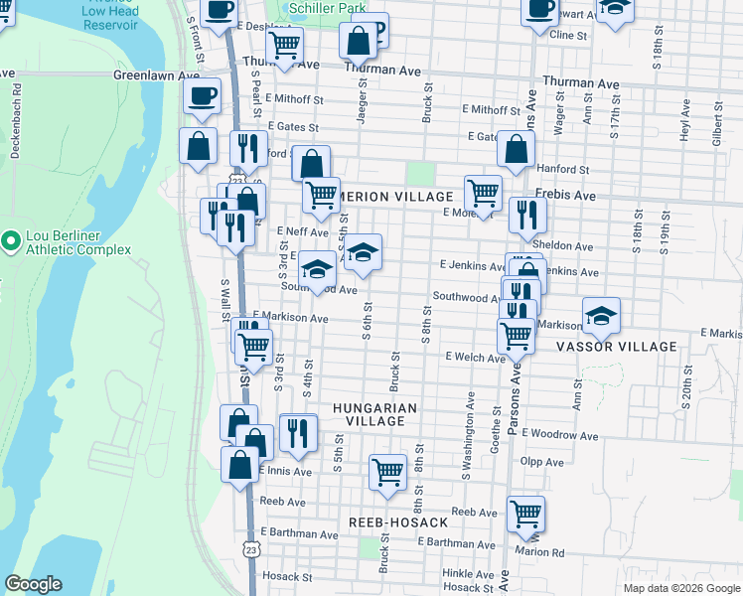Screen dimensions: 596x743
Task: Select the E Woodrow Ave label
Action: click(559, 435)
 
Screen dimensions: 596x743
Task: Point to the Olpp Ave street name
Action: click(537, 462)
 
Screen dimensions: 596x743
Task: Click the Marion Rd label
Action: click(539, 552)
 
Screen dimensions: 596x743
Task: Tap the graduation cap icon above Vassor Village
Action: click(601, 316)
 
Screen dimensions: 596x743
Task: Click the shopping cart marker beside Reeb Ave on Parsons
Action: click(525, 515)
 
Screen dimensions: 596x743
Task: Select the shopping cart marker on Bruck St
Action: click(387, 473)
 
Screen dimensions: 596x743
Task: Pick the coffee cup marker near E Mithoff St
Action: click(202, 96)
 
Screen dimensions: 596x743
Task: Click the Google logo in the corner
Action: click(33, 584)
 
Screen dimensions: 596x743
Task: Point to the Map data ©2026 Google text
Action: click(681, 587)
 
